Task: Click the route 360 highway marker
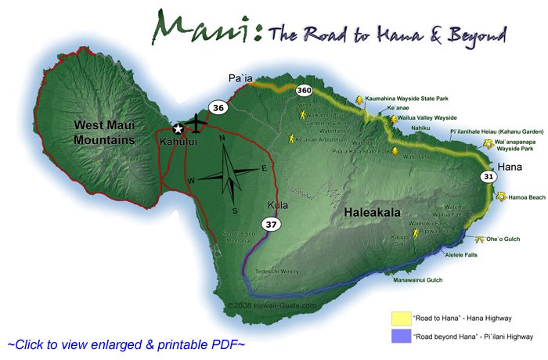tap(305, 92)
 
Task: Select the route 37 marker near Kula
tap(271, 225)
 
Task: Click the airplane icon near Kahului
tap(196, 125)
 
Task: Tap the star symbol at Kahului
tap(178, 128)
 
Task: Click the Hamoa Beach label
tap(527, 199)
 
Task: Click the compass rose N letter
tap(222, 139)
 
